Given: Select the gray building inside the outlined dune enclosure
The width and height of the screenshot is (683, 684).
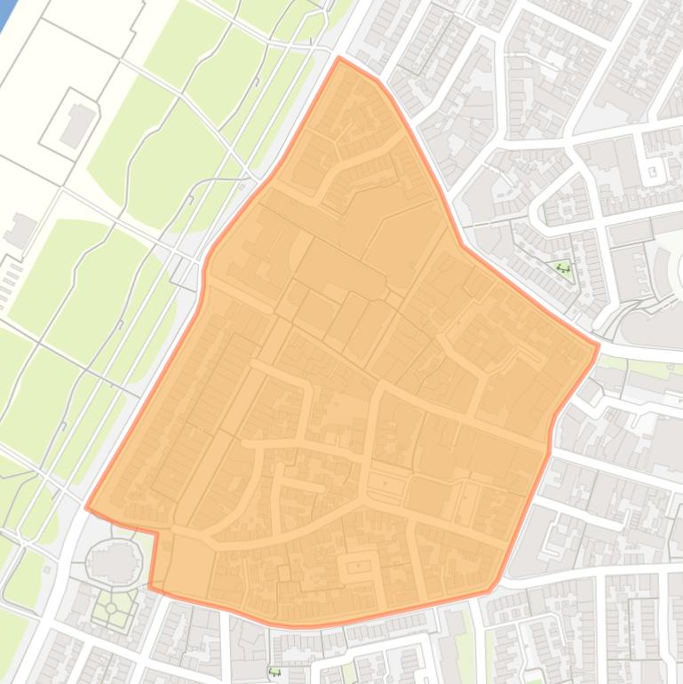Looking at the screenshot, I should (77, 125).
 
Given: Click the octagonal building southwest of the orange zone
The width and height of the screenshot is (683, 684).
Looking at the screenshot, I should (114, 561).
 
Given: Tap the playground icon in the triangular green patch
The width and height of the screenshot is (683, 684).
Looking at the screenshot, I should (562, 267).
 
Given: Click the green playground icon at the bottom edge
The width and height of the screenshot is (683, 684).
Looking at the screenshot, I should (274, 672).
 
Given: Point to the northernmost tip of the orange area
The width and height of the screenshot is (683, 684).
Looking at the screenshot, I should (339, 59).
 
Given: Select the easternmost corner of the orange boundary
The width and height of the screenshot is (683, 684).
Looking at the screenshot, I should (599, 345).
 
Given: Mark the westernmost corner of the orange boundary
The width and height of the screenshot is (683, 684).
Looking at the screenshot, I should (86, 507).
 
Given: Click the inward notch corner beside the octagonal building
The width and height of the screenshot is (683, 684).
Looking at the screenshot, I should (156, 534).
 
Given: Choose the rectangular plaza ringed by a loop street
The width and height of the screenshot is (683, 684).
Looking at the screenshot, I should (359, 567).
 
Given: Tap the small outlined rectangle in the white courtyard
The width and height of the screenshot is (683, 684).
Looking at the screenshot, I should (653, 171).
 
